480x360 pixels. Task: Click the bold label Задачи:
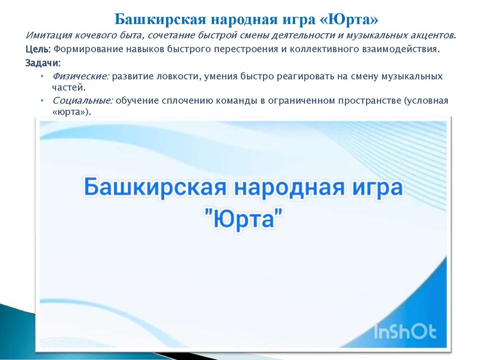[43, 63]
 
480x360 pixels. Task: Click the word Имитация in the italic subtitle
[48, 36]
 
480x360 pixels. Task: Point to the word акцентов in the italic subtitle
[430, 36]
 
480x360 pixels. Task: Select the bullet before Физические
[42, 77]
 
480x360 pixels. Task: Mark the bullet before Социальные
[42, 101]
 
